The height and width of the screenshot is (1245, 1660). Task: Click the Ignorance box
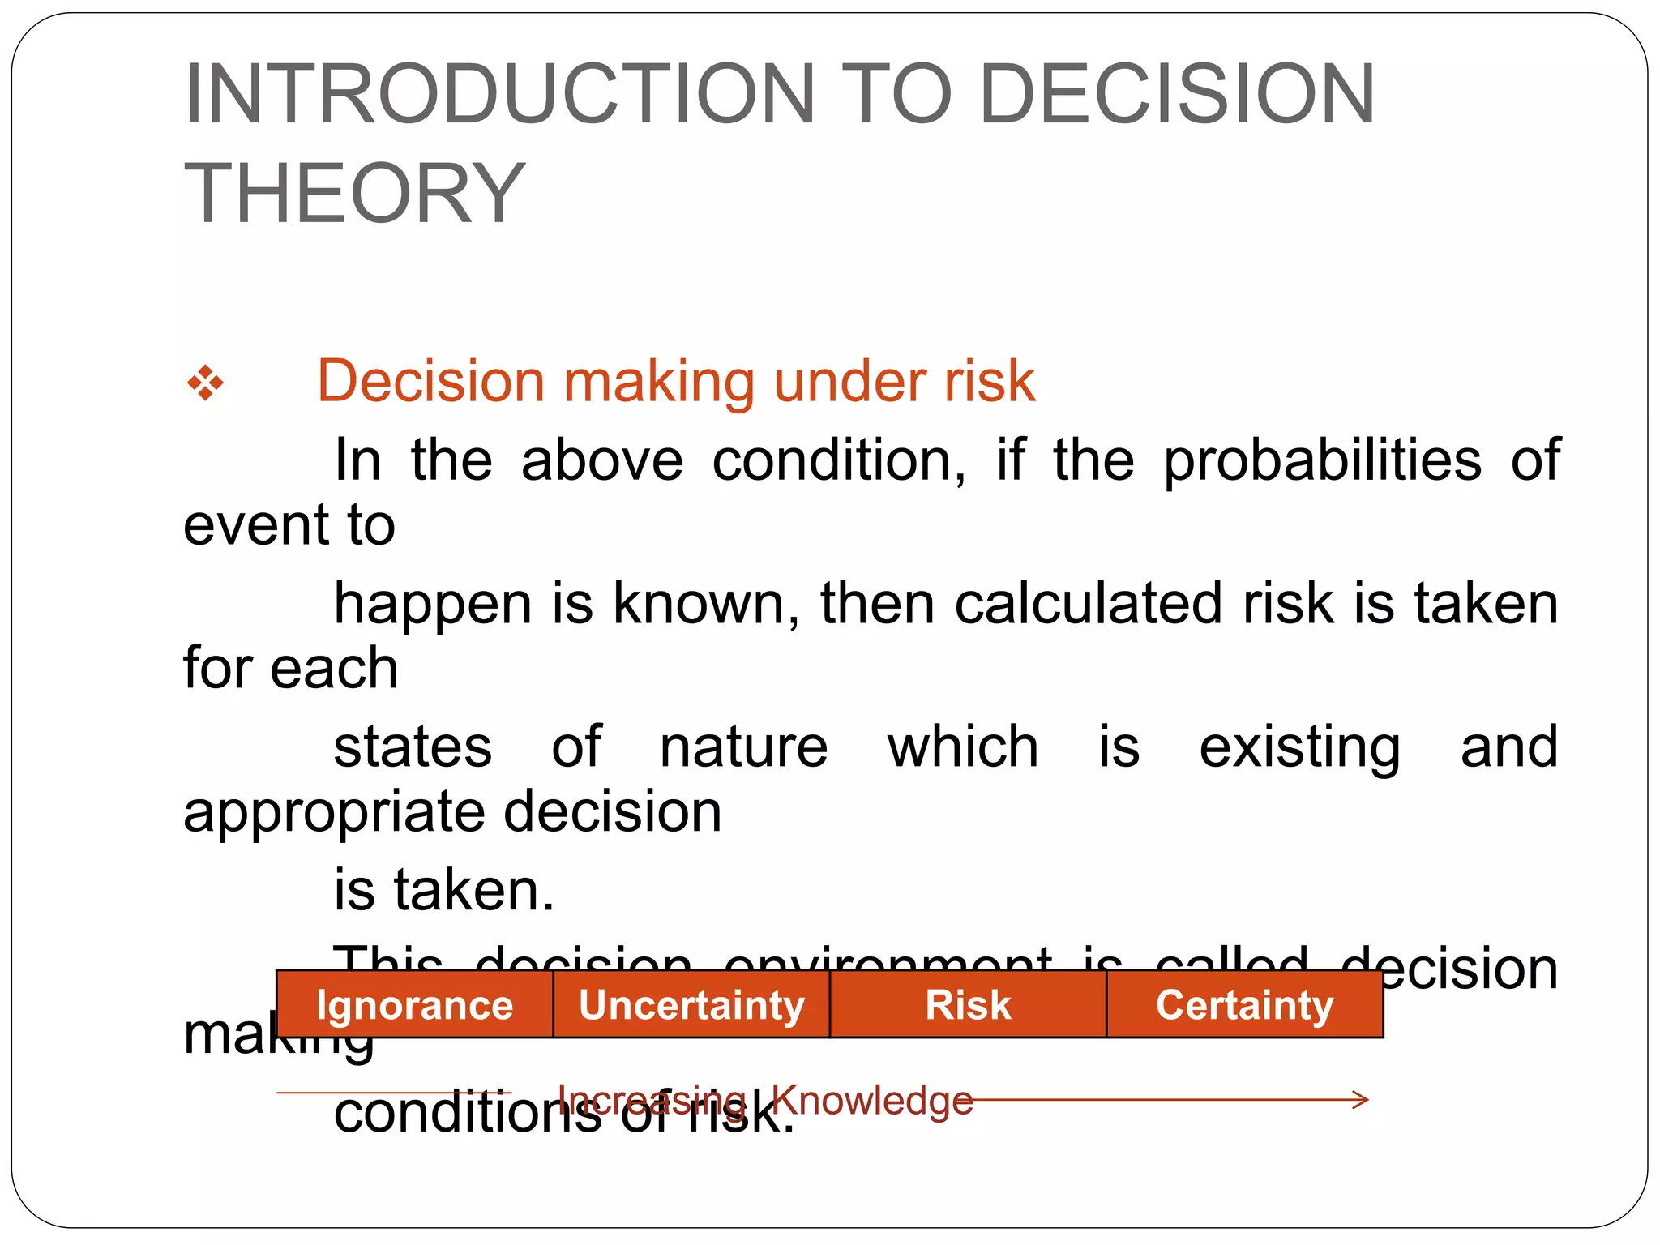(x=414, y=1005)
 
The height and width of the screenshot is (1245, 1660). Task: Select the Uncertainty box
(x=691, y=1005)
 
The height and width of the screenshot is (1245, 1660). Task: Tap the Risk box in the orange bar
(x=968, y=1005)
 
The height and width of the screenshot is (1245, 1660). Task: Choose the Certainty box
(x=1244, y=1005)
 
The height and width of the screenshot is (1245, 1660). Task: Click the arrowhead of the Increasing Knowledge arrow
(x=1362, y=1100)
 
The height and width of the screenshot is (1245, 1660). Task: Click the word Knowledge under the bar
(x=871, y=1100)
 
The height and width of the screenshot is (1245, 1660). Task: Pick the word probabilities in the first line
(x=1322, y=460)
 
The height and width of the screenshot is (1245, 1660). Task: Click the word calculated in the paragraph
(x=1088, y=604)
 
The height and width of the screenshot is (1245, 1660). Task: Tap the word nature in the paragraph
(x=743, y=747)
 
